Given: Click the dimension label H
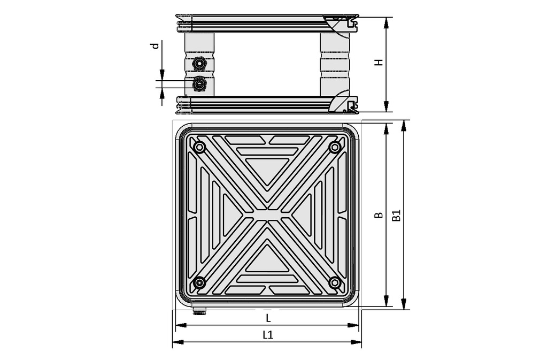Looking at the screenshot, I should [x=379, y=62].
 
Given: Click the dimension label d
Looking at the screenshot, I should [x=155, y=46].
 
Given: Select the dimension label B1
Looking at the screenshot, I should [x=396, y=215].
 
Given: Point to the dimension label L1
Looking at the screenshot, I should [x=268, y=335].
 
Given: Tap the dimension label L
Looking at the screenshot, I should [x=268, y=318].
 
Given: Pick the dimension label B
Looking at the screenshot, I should [x=379, y=215].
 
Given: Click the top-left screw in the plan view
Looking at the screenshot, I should [x=199, y=147].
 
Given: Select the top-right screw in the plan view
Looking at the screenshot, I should [x=335, y=147].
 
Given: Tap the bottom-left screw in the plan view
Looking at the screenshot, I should [x=199, y=282].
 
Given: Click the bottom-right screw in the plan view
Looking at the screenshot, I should [x=335, y=282].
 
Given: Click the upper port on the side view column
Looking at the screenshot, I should [x=199, y=64].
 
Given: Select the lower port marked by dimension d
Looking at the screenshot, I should [x=199, y=84].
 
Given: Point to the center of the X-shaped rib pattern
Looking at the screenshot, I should [x=267, y=215].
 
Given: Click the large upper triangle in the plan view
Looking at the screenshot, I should [x=267, y=170].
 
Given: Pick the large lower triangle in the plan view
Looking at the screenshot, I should [x=267, y=260].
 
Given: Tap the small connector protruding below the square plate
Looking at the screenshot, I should [x=200, y=311].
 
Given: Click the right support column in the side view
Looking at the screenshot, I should [x=335, y=64].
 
